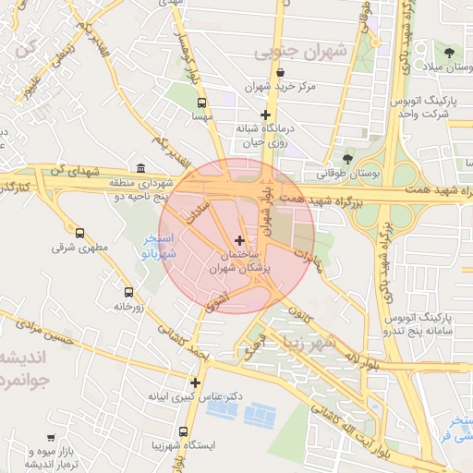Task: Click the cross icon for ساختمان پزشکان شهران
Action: (240, 240)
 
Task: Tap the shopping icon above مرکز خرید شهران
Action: (280, 73)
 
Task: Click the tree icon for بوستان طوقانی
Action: (348, 158)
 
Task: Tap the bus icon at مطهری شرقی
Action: (79, 234)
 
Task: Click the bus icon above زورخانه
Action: (128, 292)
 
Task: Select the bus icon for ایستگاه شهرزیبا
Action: (183, 431)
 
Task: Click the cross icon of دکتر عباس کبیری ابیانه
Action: (195, 382)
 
